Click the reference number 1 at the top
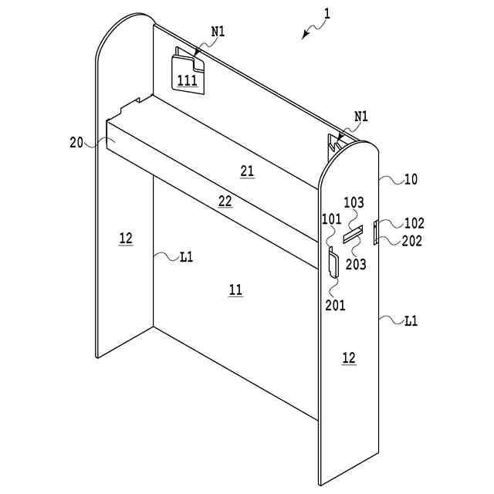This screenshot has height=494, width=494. (x=327, y=13)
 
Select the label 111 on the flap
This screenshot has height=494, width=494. (x=187, y=80)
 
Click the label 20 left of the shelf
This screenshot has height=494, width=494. (x=76, y=142)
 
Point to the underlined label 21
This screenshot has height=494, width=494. (x=247, y=171)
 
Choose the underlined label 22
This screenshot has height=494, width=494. (x=225, y=201)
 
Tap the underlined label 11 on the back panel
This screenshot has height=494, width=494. (x=235, y=289)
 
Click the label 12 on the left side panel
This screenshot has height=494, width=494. (x=126, y=239)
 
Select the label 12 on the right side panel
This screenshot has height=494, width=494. (x=349, y=357)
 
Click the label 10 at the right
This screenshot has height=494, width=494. (x=411, y=179)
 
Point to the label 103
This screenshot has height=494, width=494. (x=354, y=203)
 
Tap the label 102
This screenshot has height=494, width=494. (x=414, y=224)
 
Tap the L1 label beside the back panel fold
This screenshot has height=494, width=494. (x=186, y=257)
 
